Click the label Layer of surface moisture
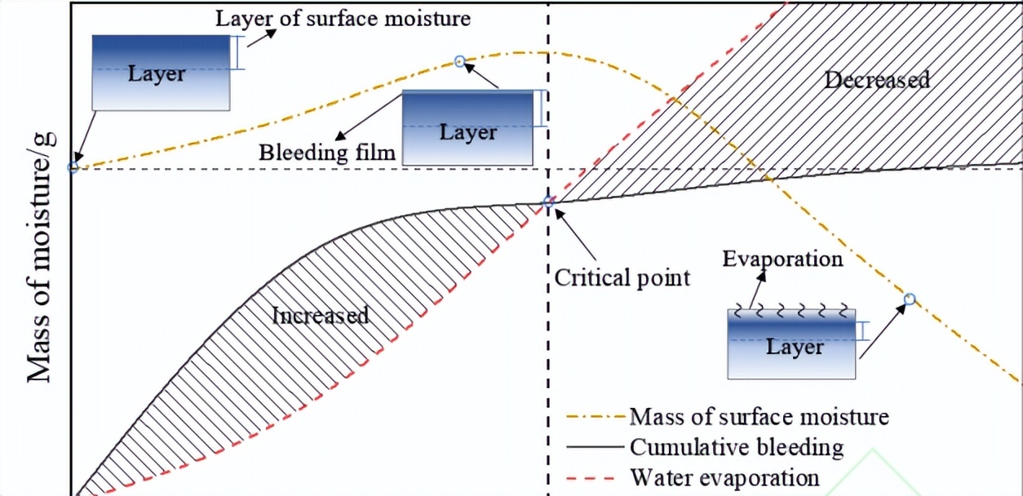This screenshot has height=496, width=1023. pyautogui.click(x=343, y=18)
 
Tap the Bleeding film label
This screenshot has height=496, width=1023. pyautogui.click(x=327, y=152)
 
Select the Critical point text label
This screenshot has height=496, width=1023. pyautogui.click(x=622, y=277)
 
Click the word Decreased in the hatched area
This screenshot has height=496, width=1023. pyautogui.click(x=877, y=80)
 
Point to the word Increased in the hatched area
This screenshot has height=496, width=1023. pyautogui.click(x=321, y=315)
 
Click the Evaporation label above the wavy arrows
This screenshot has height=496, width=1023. pyautogui.click(x=782, y=259)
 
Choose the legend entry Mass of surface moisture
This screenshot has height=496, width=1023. pyautogui.click(x=759, y=417)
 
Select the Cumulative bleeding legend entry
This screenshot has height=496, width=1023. pyautogui.click(x=737, y=447)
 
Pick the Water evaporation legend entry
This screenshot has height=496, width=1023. pyautogui.click(x=724, y=477)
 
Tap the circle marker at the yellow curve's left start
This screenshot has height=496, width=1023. pyautogui.click(x=73, y=167)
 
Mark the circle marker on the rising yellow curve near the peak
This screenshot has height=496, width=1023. pyautogui.click(x=459, y=61)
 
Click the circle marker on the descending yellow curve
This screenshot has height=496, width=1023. pyautogui.click(x=910, y=299)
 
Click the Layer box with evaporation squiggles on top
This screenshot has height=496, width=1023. pyautogui.click(x=791, y=343)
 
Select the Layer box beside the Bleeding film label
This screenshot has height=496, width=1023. pyautogui.click(x=467, y=128)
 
